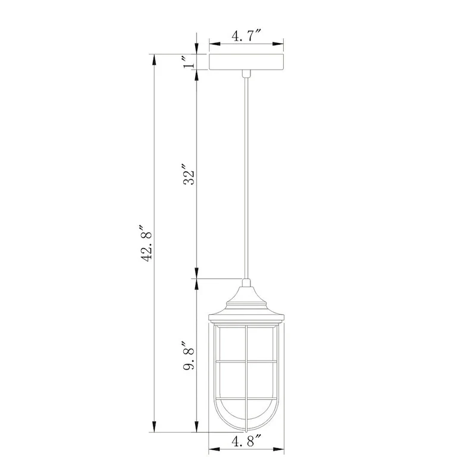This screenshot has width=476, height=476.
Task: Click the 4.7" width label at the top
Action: point(246,37)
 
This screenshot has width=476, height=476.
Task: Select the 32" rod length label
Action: point(189,174)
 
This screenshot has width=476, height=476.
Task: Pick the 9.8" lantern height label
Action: point(189,355)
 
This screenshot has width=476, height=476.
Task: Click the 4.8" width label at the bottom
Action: point(246,441)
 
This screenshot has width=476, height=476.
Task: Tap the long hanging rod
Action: point(246,178)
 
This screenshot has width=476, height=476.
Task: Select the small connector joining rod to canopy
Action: point(246,73)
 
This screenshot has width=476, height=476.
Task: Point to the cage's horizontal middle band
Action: point(246,361)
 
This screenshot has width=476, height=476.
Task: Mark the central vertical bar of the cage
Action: point(246,381)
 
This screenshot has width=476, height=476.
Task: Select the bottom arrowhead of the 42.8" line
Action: point(154,428)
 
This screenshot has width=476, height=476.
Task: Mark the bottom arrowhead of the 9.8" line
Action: point(197,428)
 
